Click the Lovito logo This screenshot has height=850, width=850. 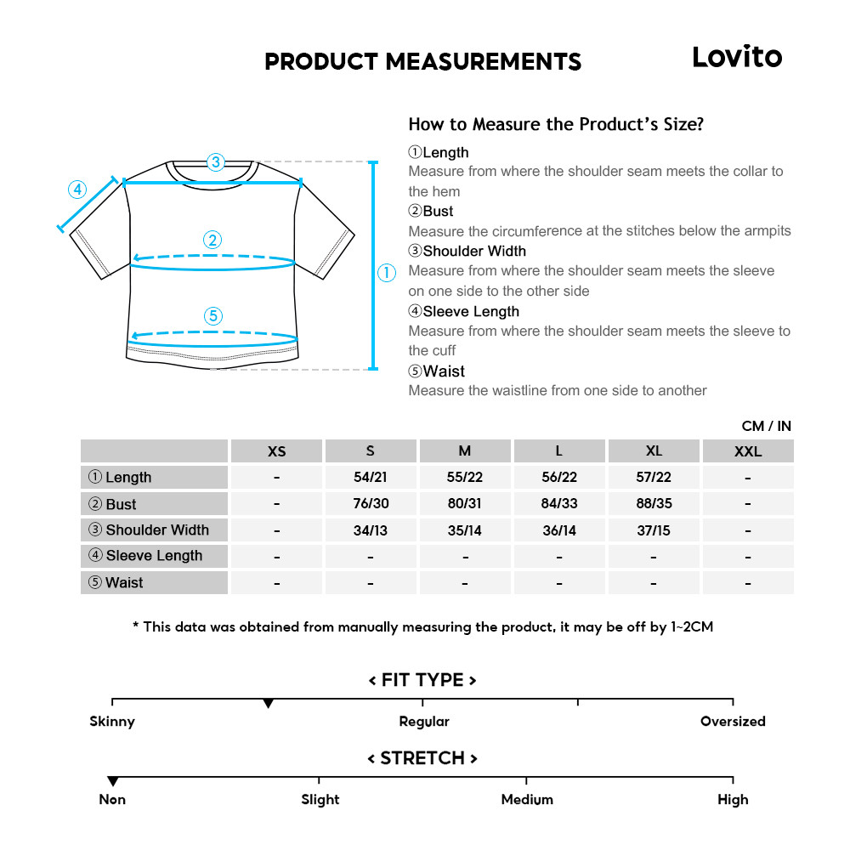[x=736, y=57]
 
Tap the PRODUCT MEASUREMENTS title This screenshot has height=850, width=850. [x=422, y=62]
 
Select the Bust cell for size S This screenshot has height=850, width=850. [x=370, y=503]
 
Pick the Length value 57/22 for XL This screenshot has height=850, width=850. [x=653, y=477]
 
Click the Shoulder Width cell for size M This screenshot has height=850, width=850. [x=464, y=530]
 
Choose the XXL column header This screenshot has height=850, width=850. [x=747, y=451]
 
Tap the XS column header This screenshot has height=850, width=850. [x=276, y=451]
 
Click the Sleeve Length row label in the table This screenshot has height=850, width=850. [x=154, y=556]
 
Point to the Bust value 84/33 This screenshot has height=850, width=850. [x=558, y=503]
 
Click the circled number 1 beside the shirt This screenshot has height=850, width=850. [x=387, y=273]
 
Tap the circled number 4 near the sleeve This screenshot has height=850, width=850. [x=78, y=189]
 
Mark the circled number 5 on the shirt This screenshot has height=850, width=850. [x=213, y=316]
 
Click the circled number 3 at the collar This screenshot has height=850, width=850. [x=215, y=161]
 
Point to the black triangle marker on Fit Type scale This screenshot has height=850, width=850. [x=268, y=704]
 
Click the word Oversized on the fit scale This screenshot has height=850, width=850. [x=732, y=722]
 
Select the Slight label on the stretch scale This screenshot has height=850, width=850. [x=320, y=800]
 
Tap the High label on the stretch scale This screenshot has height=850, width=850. [x=732, y=800]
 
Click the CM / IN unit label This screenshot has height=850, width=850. [x=766, y=426]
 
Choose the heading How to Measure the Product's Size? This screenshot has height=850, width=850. [x=556, y=125]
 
